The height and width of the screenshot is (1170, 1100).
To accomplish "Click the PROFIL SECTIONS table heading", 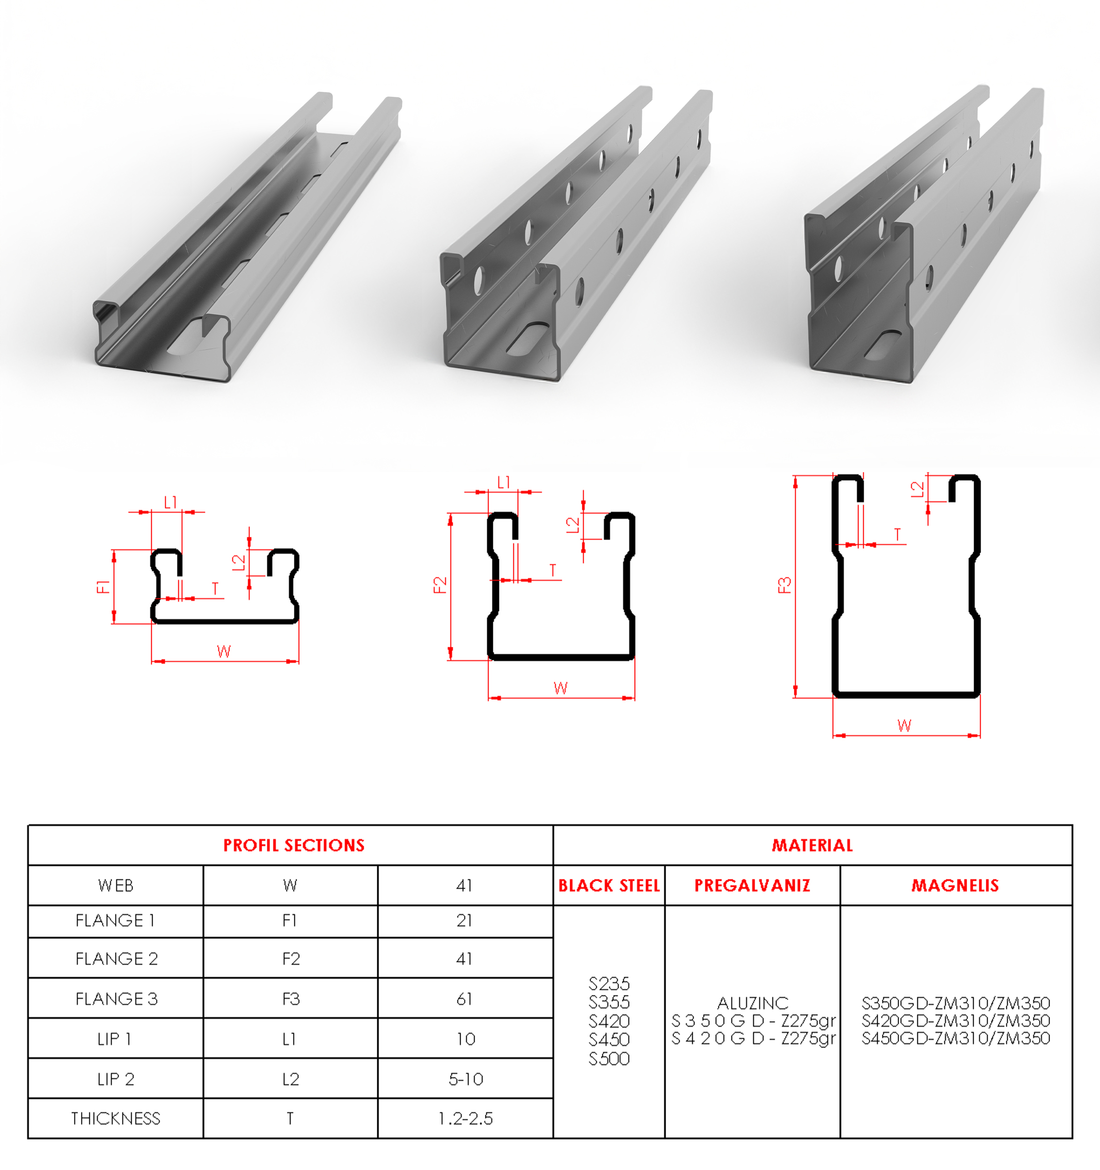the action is click(x=293, y=845).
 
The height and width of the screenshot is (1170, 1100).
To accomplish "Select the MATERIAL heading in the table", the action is click(x=812, y=845).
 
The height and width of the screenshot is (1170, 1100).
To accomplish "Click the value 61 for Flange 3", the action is click(x=464, y=999).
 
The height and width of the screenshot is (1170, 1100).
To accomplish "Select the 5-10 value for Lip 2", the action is click(x=466, y=1079).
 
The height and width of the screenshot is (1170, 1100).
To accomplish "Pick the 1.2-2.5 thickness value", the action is click(x=466, y=1118).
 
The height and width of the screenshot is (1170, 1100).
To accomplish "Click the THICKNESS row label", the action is click(x=116, y=1118).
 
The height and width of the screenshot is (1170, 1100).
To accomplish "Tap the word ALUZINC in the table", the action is click(x=753, y=1003).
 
